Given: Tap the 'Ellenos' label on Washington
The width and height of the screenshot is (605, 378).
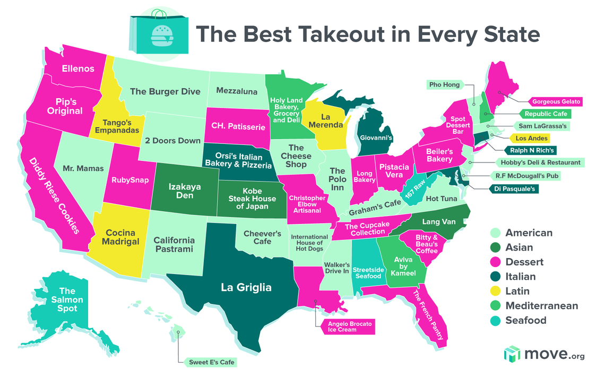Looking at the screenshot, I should tap(78, 68).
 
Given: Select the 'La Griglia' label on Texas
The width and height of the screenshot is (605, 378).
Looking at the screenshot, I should tap(246, 288).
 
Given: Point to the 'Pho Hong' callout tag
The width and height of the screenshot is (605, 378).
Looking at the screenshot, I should tap(444, 84).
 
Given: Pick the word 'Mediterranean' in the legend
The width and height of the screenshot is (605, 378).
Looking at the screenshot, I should tap(541, 305).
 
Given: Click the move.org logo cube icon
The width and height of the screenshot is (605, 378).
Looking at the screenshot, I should tap(511, 354).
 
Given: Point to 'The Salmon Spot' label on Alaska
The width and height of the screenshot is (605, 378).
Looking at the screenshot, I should tap(67, 299).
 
